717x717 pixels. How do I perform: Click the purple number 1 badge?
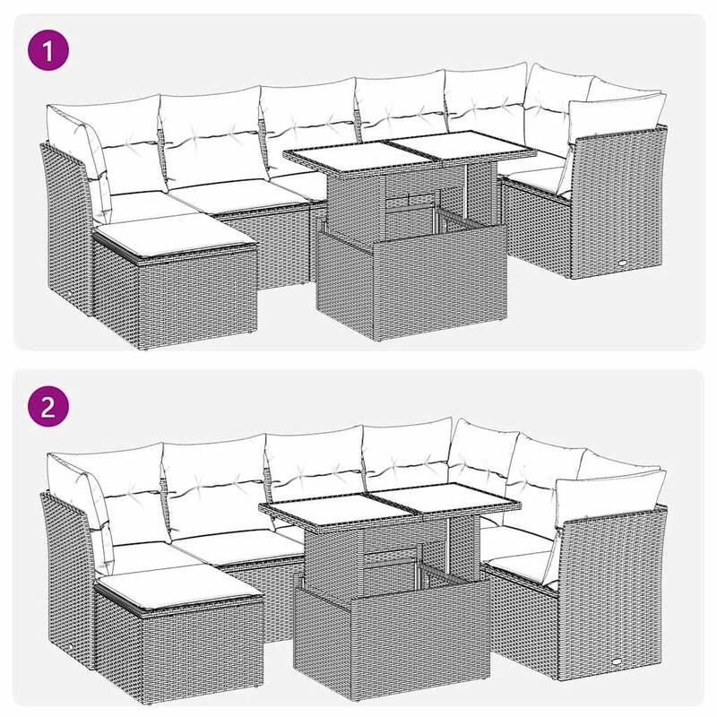point(51,49)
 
